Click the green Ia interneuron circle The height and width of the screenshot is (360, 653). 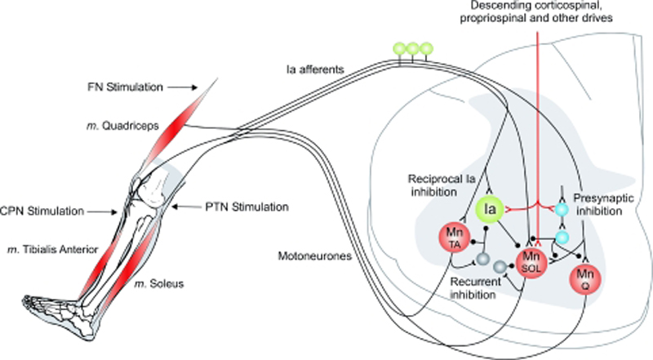coord(489,211)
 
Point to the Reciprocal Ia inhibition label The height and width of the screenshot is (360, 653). coord(442,184)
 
